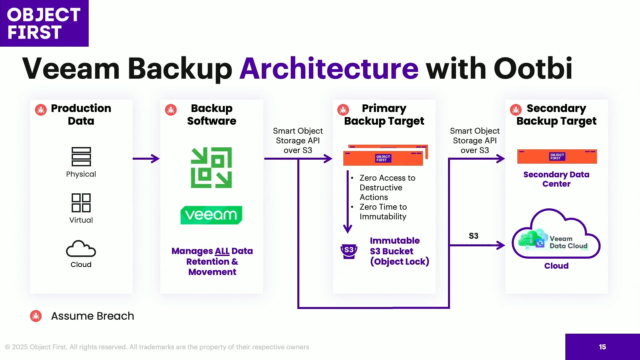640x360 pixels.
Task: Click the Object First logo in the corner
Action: (x=44, y=23)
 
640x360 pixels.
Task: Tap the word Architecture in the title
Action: (x=329, y=69)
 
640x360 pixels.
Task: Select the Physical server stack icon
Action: (x=81, y=156)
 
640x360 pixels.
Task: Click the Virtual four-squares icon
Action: (x=81, y=203)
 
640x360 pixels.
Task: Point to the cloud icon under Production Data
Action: (x=81, y=249)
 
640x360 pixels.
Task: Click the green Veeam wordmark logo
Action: (x=211, y=215)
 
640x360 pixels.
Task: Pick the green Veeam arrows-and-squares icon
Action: (x=211, y=168)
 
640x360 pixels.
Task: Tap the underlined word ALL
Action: (x=222, y=251)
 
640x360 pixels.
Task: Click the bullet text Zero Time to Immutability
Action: (x=383, y=212)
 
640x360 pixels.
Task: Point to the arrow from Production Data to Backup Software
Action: (x=146, y=159)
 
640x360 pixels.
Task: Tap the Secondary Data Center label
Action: (x=556, y=179)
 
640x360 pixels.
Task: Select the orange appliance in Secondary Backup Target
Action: (x=557, y=156)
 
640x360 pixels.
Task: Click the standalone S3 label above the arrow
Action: (x=473, y=236)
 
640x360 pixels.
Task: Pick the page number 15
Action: (x=602, y=347)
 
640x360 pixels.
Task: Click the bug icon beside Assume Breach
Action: (x=36, y=316)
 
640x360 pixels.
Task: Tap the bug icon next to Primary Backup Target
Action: (x=343, y=110)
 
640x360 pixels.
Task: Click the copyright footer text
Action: (x=157, y=347)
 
